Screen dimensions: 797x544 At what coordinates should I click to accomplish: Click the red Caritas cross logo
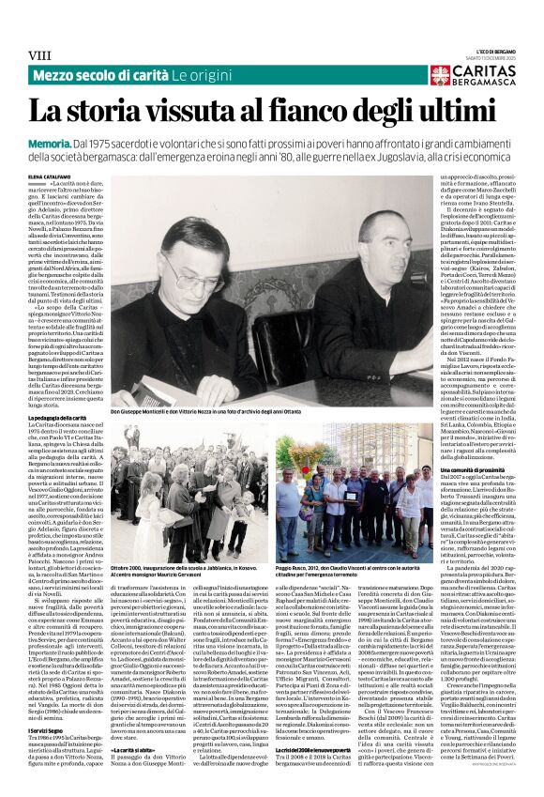tap(440, 76)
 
